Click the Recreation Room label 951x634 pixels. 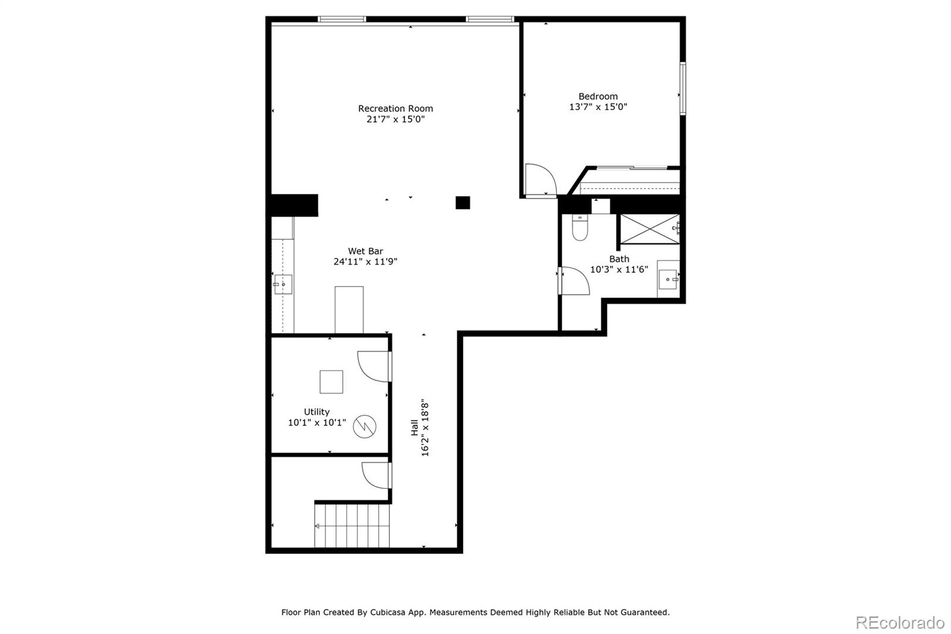(395, 108)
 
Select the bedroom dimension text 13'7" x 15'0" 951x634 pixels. (598, 107)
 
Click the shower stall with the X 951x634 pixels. (649, 229)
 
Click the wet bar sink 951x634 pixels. (283, 284)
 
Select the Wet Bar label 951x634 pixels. (365, 251)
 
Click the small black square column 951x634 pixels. (462, 203)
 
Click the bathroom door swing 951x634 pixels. (574, 281)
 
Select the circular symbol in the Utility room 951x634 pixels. (364, 426)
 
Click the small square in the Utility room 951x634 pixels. (331, 382)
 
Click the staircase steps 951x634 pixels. (352, 526)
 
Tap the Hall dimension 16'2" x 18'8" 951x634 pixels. (425, 428)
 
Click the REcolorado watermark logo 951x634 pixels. (899, 622)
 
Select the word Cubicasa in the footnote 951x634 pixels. (389, 612)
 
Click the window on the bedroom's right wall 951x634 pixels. (683, 88)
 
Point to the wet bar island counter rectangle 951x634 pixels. (349, 310)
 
